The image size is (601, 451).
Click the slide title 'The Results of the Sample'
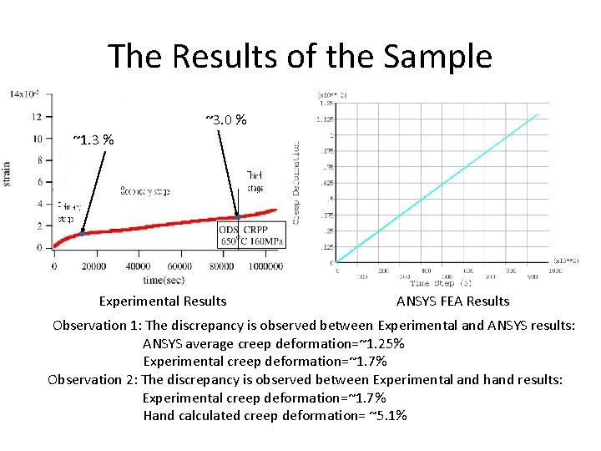300,57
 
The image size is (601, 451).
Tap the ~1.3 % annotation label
93,139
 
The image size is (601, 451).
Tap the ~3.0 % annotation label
225,120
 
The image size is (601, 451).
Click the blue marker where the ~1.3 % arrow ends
82,233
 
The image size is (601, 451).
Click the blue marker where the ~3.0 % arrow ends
238,216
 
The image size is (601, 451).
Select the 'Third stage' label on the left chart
255,181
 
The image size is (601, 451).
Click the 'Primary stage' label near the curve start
66,212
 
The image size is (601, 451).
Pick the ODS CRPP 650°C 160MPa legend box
251,236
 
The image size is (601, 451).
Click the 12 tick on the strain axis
38,116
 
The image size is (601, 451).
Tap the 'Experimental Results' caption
163,301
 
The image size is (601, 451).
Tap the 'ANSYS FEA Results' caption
452,301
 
